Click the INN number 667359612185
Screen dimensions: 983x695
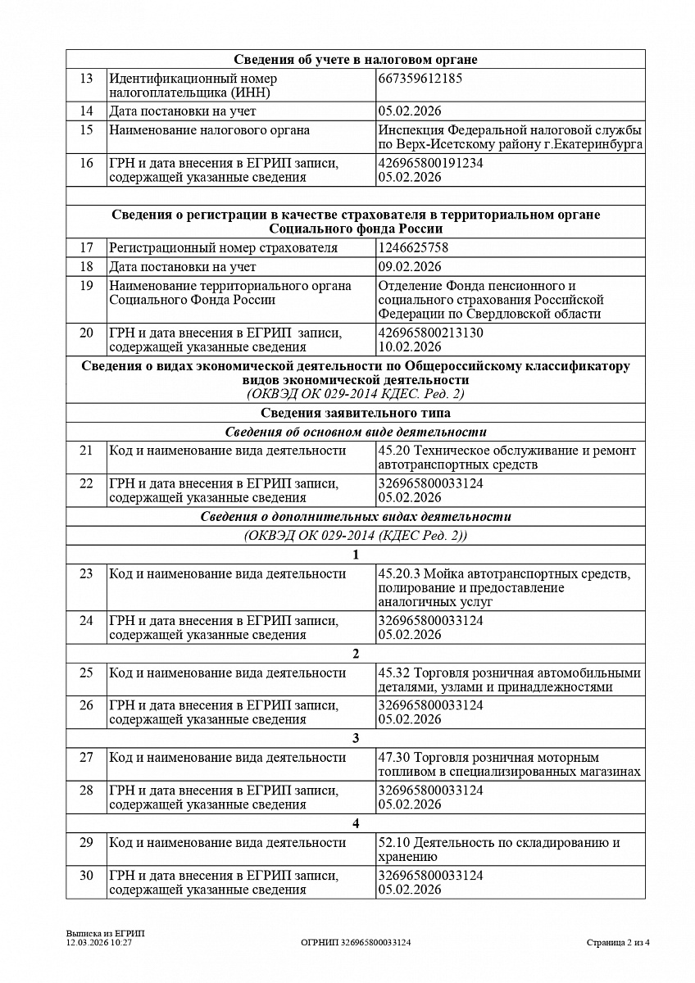pos(420,79)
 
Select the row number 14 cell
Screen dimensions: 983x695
pos(86,111)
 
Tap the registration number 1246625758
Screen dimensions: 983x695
pos(414,247)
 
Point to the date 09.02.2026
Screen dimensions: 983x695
pos(410,266)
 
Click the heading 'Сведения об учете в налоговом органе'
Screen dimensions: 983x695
pos(356,59)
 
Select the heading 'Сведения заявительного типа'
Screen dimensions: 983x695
pos(356,413)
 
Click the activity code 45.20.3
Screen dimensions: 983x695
pos(398,573)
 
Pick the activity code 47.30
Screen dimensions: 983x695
pos(394,758)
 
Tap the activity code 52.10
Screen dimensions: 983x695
pos(394,842)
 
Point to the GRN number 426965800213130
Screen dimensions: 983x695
pos(431,333)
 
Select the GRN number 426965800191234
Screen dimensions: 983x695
pos(431,163)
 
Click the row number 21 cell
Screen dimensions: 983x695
pos(86,451)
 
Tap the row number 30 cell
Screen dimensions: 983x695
pos(86,875)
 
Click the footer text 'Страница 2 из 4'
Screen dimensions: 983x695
pos(618,943)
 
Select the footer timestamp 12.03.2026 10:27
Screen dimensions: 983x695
pos(99,943)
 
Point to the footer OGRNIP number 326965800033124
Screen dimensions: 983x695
pos(356,943)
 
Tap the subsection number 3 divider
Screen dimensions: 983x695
pos(356,738)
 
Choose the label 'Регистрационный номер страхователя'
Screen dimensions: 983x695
pos(224,247)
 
